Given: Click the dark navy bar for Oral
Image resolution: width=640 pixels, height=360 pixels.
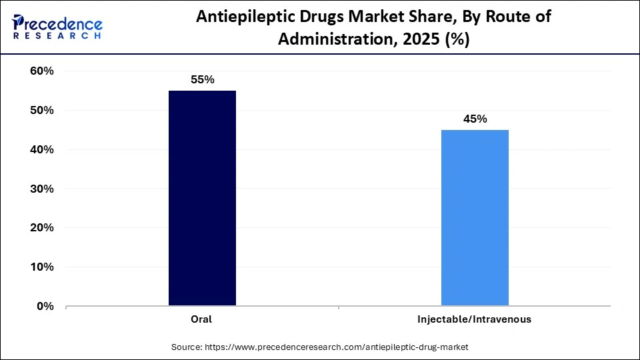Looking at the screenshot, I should pyautogui.click(x=202, y=198).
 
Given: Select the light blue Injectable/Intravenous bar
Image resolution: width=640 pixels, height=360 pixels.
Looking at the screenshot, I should pyautogui.click(x=475, y=218).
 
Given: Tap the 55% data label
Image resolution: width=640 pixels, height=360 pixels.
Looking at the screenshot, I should pyautogui.click(x=202, y=79).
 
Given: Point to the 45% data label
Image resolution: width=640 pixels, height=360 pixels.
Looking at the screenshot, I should pyautogui.click(x=475, y=119).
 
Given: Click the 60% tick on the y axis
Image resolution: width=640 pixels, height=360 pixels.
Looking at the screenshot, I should pyautogui.click(x=42, y=71).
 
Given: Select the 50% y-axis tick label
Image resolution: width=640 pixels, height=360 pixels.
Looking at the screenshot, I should pyautogui.click(x=42, y=111).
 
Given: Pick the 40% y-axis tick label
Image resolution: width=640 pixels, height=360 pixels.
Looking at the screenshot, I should pyautogui.click(x=42, y=150).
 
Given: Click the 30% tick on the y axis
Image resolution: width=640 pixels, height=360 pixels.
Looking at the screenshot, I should pyautogui.click(x=42, y=189).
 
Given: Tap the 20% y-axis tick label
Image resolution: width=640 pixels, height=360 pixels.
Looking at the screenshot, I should pyautogui.click(x=42, y=228).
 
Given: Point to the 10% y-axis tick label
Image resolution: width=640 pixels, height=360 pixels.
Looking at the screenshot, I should pyautogui.click(x=42, y=267).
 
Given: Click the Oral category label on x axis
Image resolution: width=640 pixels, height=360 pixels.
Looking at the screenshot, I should pyautogui.click(x=201, y=319).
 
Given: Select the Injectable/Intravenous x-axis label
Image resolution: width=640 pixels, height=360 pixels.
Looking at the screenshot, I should pyautogui.click(x=474, y=319).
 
